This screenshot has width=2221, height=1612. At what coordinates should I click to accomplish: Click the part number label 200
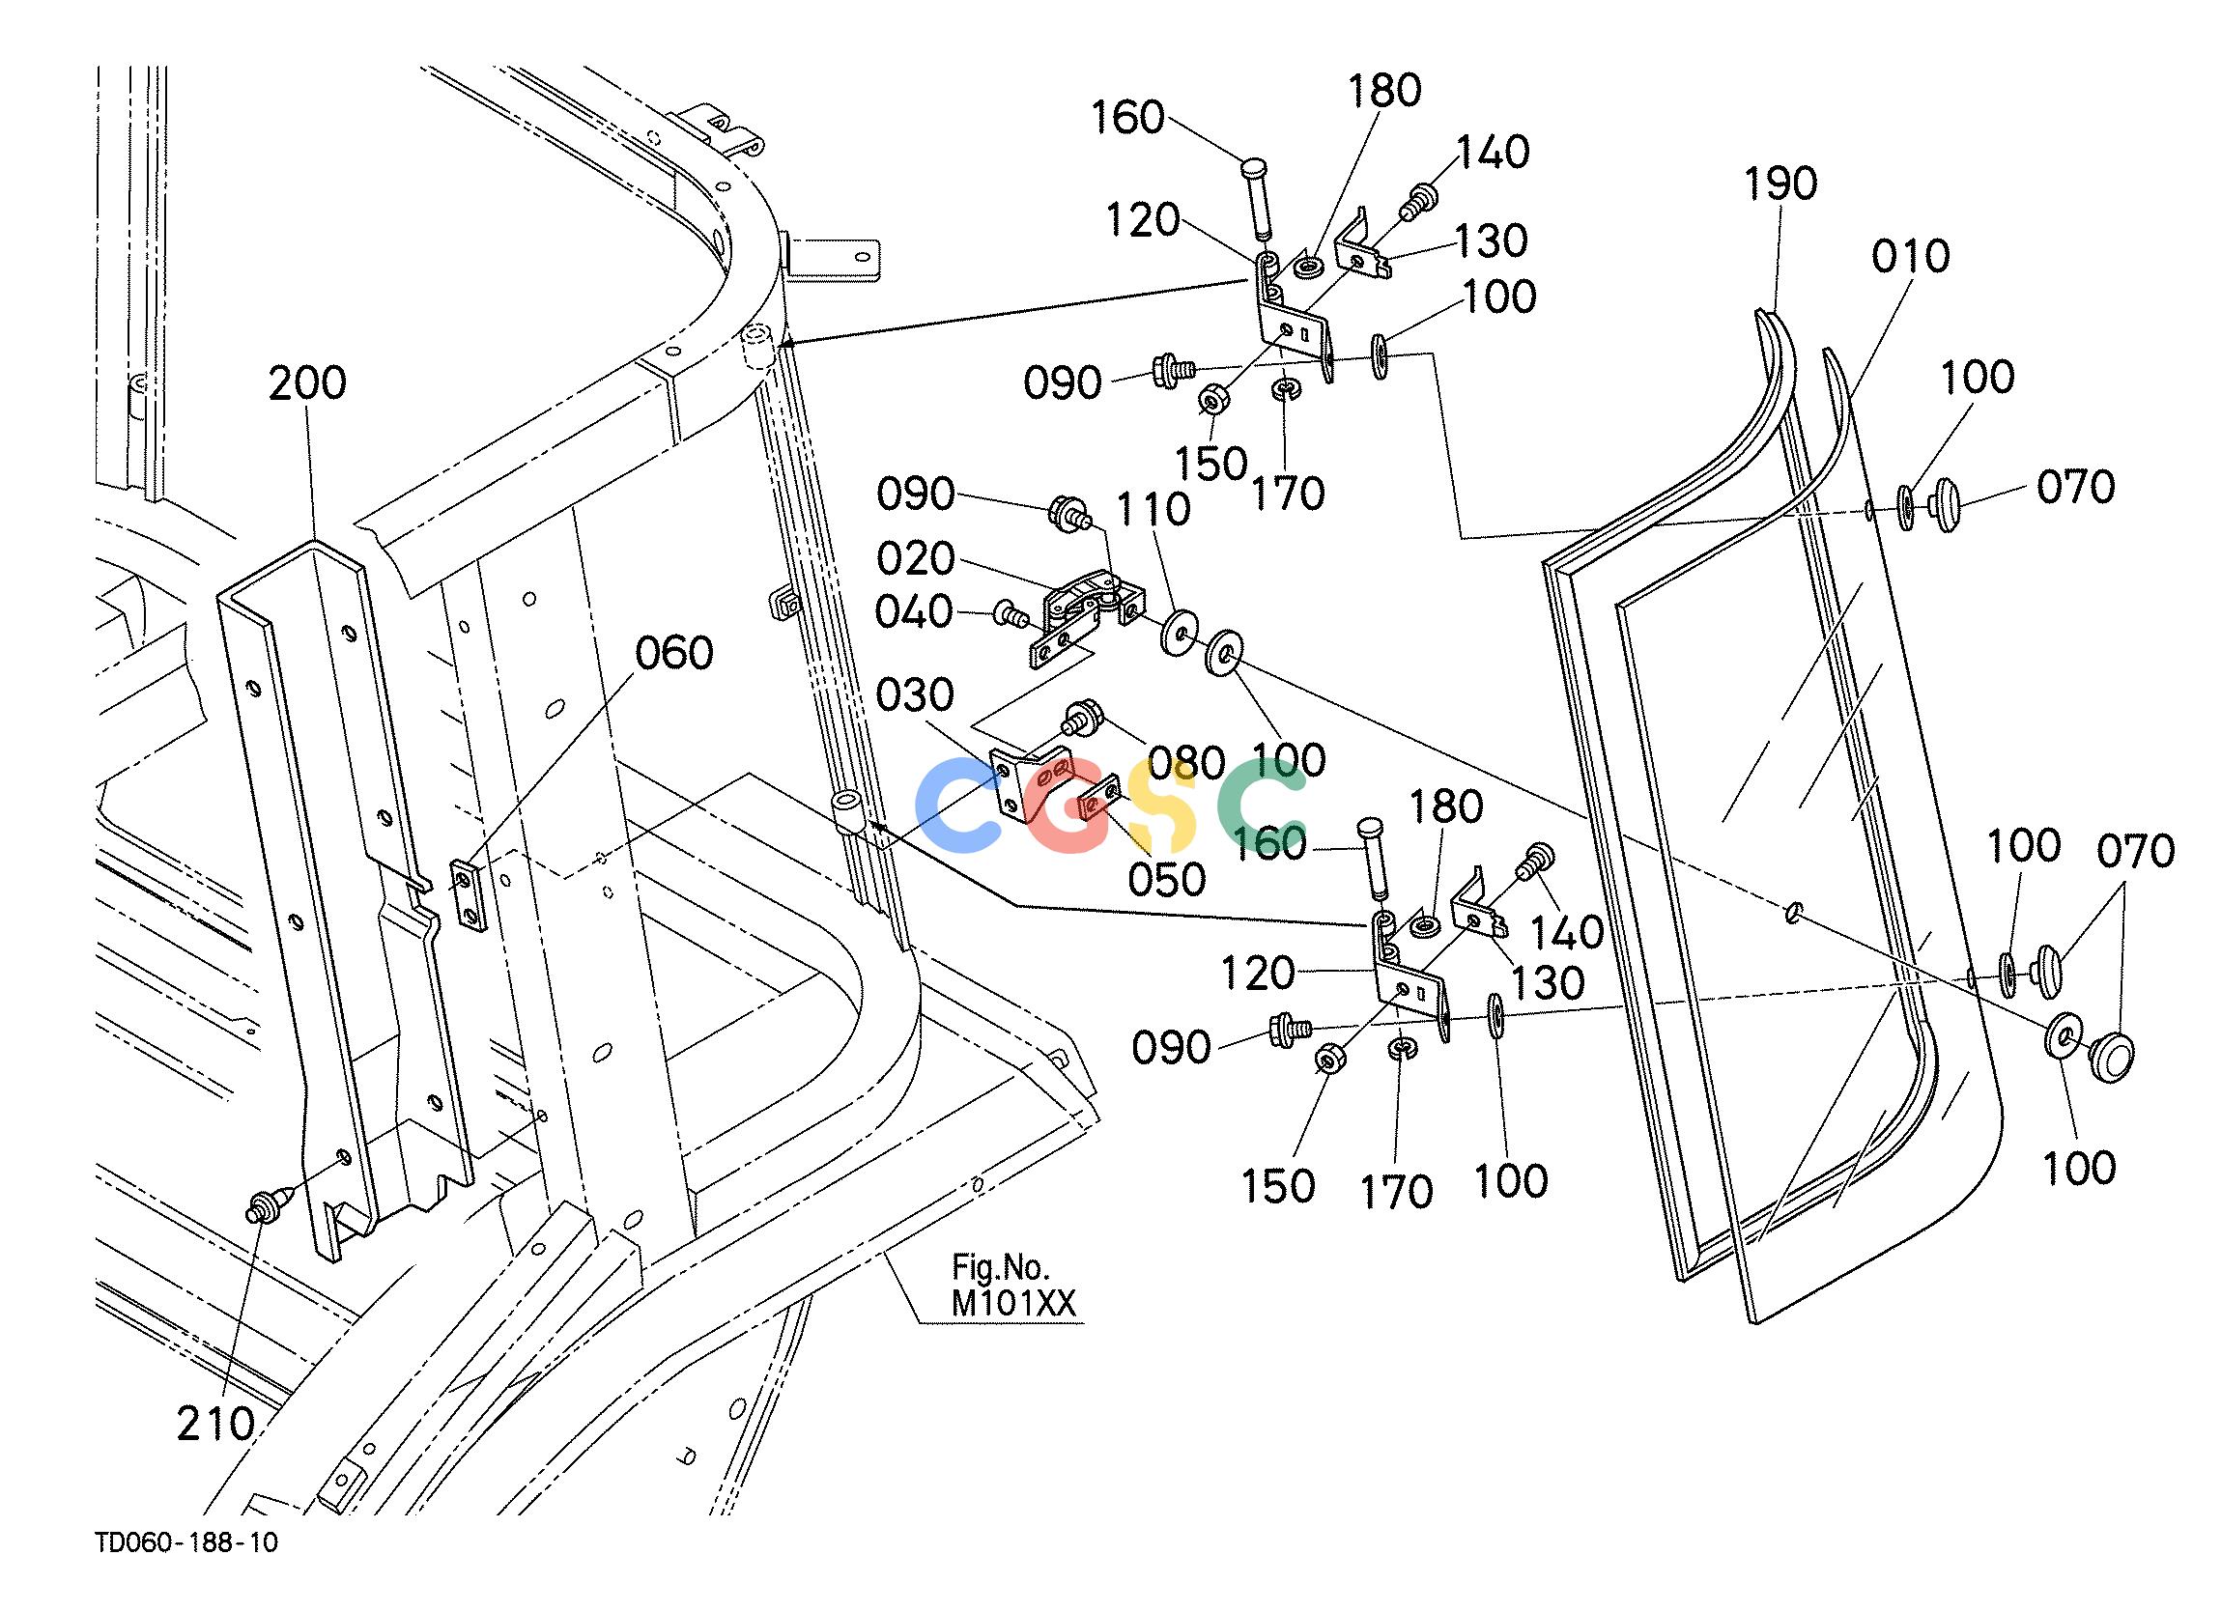pyautogui.click(x=307, y=382)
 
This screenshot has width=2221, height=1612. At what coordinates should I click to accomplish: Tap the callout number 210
pyautogui.click(x=215, y=1424)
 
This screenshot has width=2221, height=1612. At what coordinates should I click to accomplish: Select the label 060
pyautogui.click(x=674, y=653)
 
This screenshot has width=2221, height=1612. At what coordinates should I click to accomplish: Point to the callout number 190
pyautogui.click(x=1780, y=184)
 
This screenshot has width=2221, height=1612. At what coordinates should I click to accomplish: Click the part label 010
pyautogui.click(x=1911, y=257)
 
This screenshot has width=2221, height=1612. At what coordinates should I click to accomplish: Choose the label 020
pyautogui.click(x=916, y=559)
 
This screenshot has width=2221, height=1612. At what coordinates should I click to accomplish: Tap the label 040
pyautogui.click(x=914, y=613)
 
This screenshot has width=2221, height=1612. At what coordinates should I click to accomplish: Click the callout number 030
pyautogui.click(x=915, y=695)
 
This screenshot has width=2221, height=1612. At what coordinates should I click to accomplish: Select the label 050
pyautogui.click(x=1166, y=880)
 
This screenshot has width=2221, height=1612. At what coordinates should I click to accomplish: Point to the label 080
pyautogui.click(x=1186, y=762)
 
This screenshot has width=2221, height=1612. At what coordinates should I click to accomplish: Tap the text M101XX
pyautogui.click(x=1013, y=1303)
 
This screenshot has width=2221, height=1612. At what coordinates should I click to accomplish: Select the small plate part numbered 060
pyautogui.click(x=468, y=892)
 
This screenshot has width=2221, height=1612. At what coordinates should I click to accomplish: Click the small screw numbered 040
pyautogui.click(x=1009, y=615)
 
